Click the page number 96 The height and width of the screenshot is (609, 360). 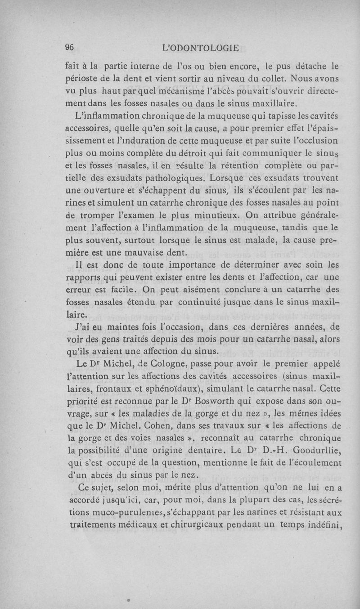[69, 48]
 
